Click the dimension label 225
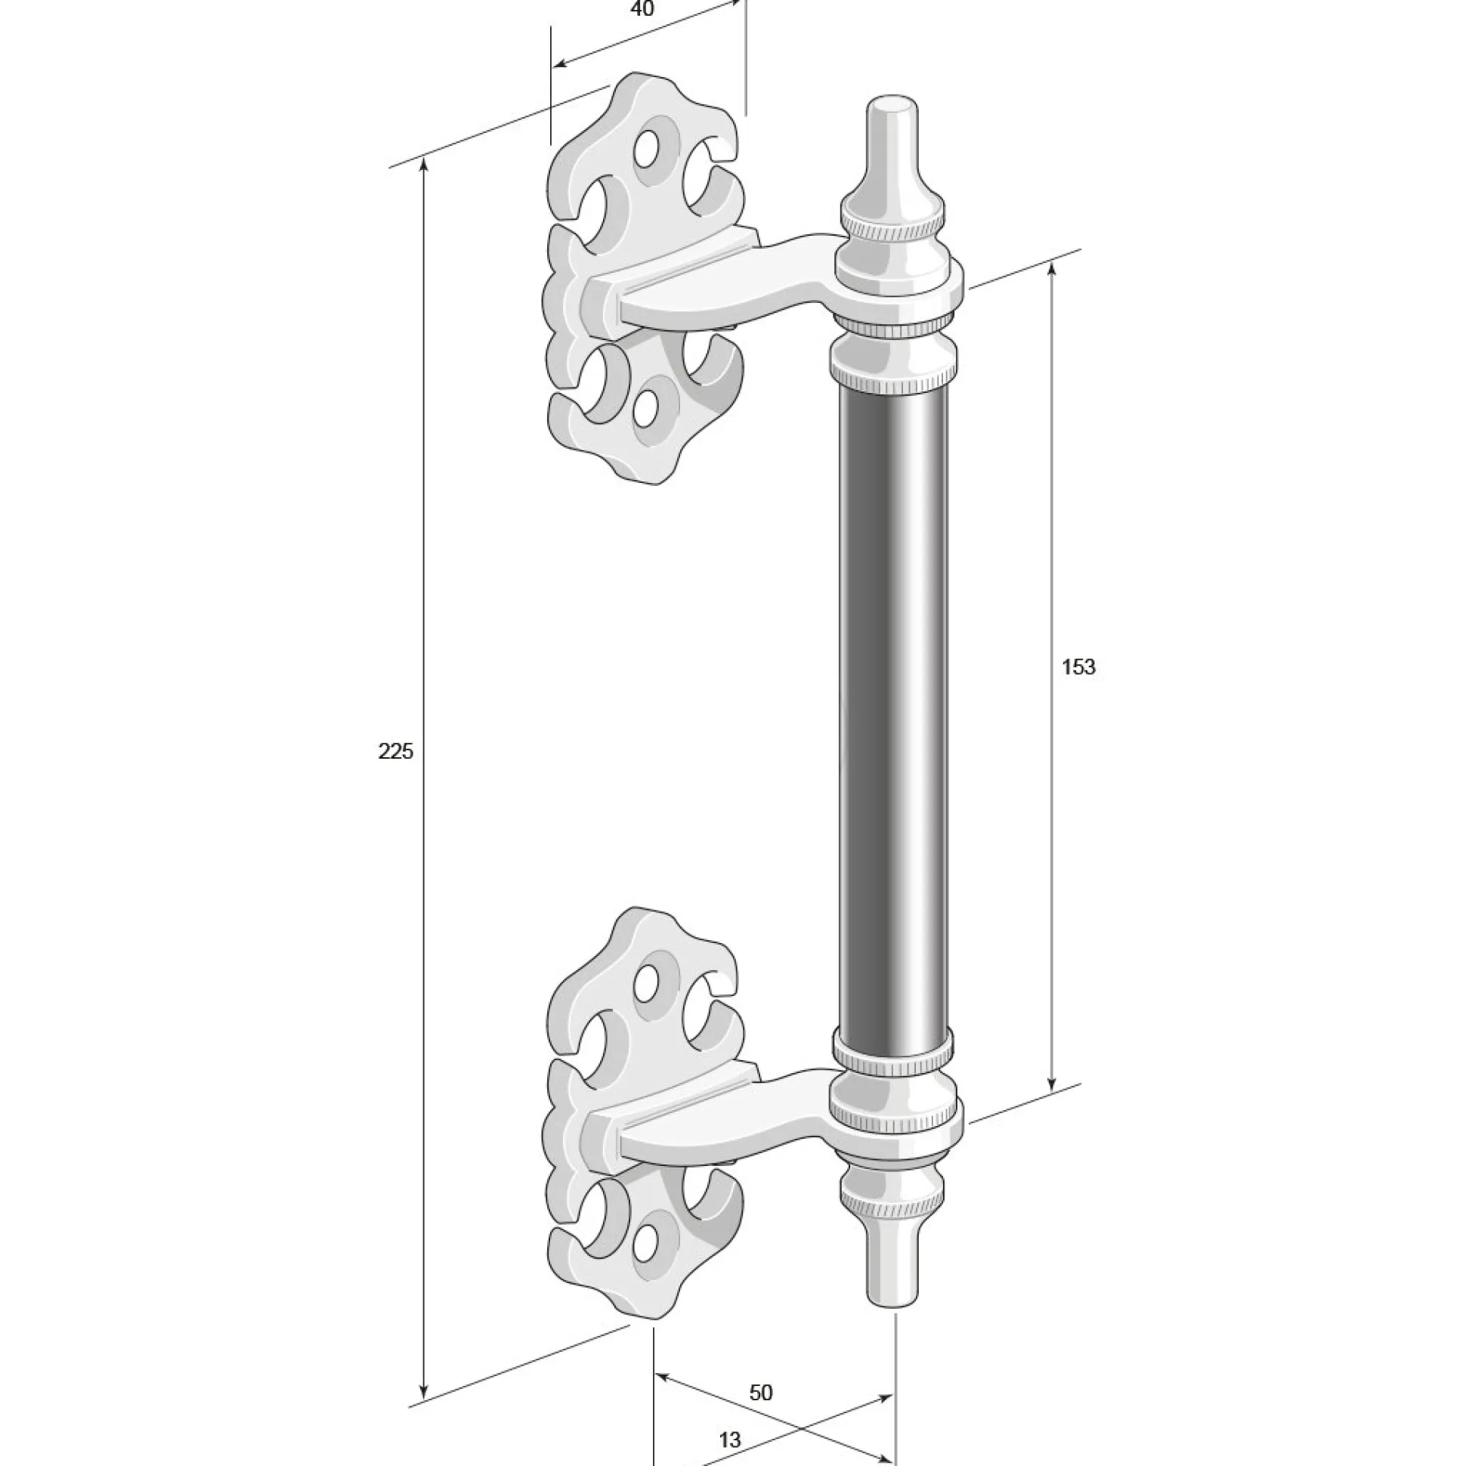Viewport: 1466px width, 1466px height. click(x=395, y=751)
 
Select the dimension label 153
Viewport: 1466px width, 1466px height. click(x=1078, y=667)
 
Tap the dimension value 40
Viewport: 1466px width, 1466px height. click(x=642, y=9)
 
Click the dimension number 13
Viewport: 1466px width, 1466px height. click(x=729, y=1418)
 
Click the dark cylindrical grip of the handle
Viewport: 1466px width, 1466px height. click(x=894, y=713)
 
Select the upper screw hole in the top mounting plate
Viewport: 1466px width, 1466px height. click(x=648, y=147)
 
